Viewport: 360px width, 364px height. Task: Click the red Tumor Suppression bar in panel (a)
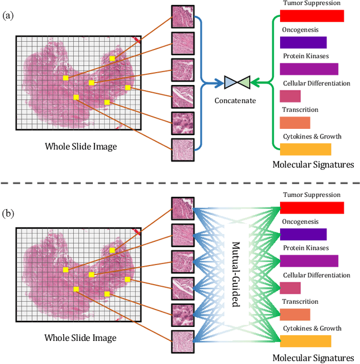tap(311, 16)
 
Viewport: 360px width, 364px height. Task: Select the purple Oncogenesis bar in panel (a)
tap(303, 43)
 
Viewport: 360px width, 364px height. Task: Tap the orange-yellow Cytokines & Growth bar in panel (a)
tap(305, 149)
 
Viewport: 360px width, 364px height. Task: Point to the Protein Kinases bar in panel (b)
tap(309, 261)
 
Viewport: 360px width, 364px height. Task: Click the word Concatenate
tap(235, 101)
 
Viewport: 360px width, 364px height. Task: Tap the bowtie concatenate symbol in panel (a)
tap(236, 83)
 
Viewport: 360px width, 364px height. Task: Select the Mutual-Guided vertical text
tap(236, 274)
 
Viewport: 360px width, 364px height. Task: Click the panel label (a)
tap(8, 15)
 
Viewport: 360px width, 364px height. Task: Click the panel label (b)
tap(8, 199)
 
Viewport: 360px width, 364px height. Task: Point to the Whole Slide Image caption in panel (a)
tap(80, 147)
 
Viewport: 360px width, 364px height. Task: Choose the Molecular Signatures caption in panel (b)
tap(313, 357)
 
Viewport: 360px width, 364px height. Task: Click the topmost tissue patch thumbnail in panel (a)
tap(182, 15)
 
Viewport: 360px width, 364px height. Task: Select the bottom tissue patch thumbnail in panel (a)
tap(182, 150)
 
